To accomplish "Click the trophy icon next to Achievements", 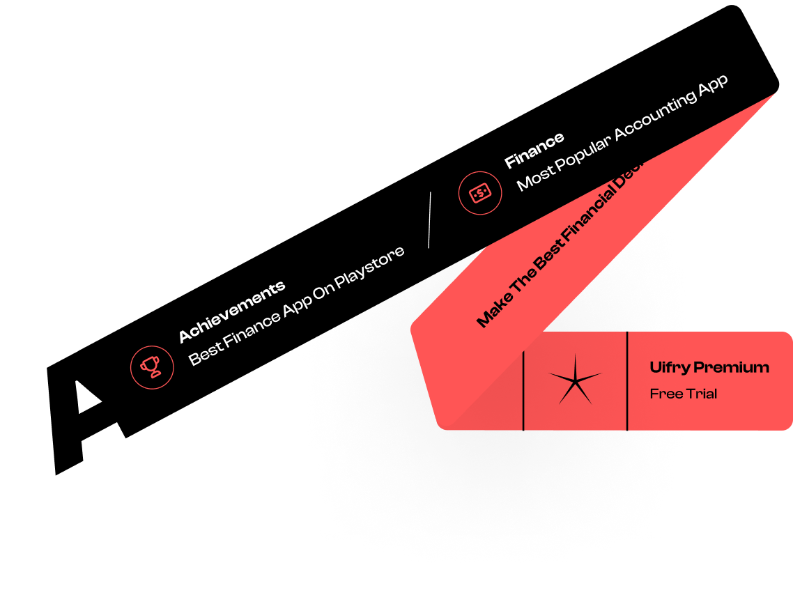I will click(152, 367).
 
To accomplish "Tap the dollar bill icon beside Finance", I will click(480, 193).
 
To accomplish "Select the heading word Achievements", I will click(232, 311).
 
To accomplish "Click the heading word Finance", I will click(534, 150).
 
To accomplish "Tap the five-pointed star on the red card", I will click(574, 380).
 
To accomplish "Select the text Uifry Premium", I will click(709, 367).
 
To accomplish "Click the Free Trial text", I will click(683, 394).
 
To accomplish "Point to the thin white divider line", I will click(429, 219).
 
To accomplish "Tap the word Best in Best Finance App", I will click(205, 353).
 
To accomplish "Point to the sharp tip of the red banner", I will click(773, 93).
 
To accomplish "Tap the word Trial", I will click(702, 394).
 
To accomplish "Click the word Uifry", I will click(670, 367).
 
